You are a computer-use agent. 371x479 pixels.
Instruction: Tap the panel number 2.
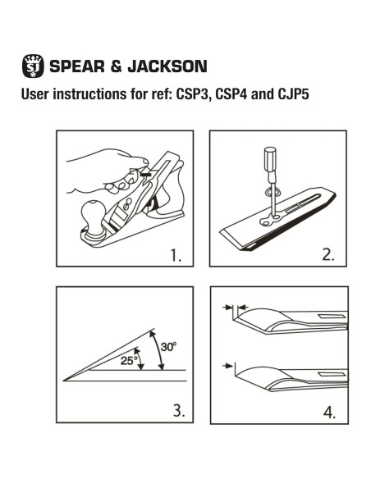(330, 255)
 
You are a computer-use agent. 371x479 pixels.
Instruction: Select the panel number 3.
(176, 411)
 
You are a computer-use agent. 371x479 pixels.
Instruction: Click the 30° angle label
(169, 347)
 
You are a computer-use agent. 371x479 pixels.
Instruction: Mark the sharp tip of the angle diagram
(65, 380)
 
